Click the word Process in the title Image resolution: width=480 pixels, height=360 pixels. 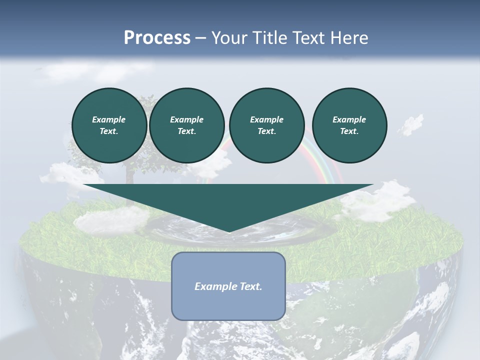tap(157, 38)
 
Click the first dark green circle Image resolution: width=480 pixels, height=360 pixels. tap(109, 125)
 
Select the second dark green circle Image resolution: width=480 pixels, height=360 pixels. tap(187, 125)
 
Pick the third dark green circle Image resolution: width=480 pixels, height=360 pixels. tap(267, 125)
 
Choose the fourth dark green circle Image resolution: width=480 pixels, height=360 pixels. tap(349, 125)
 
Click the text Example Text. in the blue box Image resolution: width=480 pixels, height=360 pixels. tap(228, 286)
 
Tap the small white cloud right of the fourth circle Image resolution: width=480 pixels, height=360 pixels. tap(411, 124)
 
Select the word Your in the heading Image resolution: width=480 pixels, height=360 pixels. tap(229, 38)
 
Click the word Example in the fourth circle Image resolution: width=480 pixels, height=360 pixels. tap(349, 119)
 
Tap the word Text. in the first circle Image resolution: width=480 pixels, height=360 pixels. tap(109, 131)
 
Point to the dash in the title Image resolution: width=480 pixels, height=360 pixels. tap(200, 38)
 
